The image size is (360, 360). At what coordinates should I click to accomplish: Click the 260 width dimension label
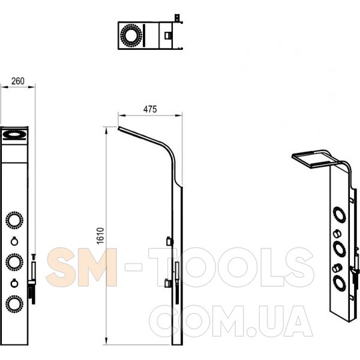point(17,81)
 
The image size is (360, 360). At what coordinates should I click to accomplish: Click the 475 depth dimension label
point(150,109)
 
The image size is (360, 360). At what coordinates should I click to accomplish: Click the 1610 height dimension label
point(101,236)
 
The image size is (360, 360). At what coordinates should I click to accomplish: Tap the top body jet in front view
point(14,220)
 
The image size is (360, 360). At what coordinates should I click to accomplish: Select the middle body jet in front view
point(14,262)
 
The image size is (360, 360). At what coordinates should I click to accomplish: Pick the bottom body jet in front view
point(14,304)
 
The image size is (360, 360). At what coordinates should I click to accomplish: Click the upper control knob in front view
point(14,241)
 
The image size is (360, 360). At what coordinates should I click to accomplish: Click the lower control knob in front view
point(14,283)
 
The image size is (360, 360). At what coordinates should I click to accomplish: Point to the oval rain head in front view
point(14,134)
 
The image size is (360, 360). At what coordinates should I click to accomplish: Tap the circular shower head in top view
point(131,35)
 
